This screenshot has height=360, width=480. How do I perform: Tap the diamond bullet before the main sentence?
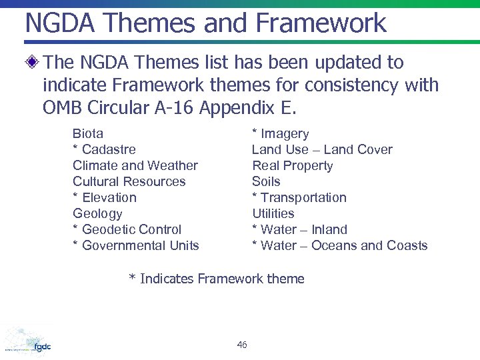(32, 63)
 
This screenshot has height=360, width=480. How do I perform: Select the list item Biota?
(87, 133)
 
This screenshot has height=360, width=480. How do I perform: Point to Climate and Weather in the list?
(135, 165)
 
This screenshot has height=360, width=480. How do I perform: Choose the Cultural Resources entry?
(129, 181)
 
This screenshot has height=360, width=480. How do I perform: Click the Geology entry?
(97, 213)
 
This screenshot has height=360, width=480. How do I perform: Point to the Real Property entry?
(292, 165)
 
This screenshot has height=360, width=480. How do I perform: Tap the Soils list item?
(266, 181)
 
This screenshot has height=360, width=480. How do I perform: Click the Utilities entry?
(273, 213)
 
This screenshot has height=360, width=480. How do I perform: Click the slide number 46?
(241, 345)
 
